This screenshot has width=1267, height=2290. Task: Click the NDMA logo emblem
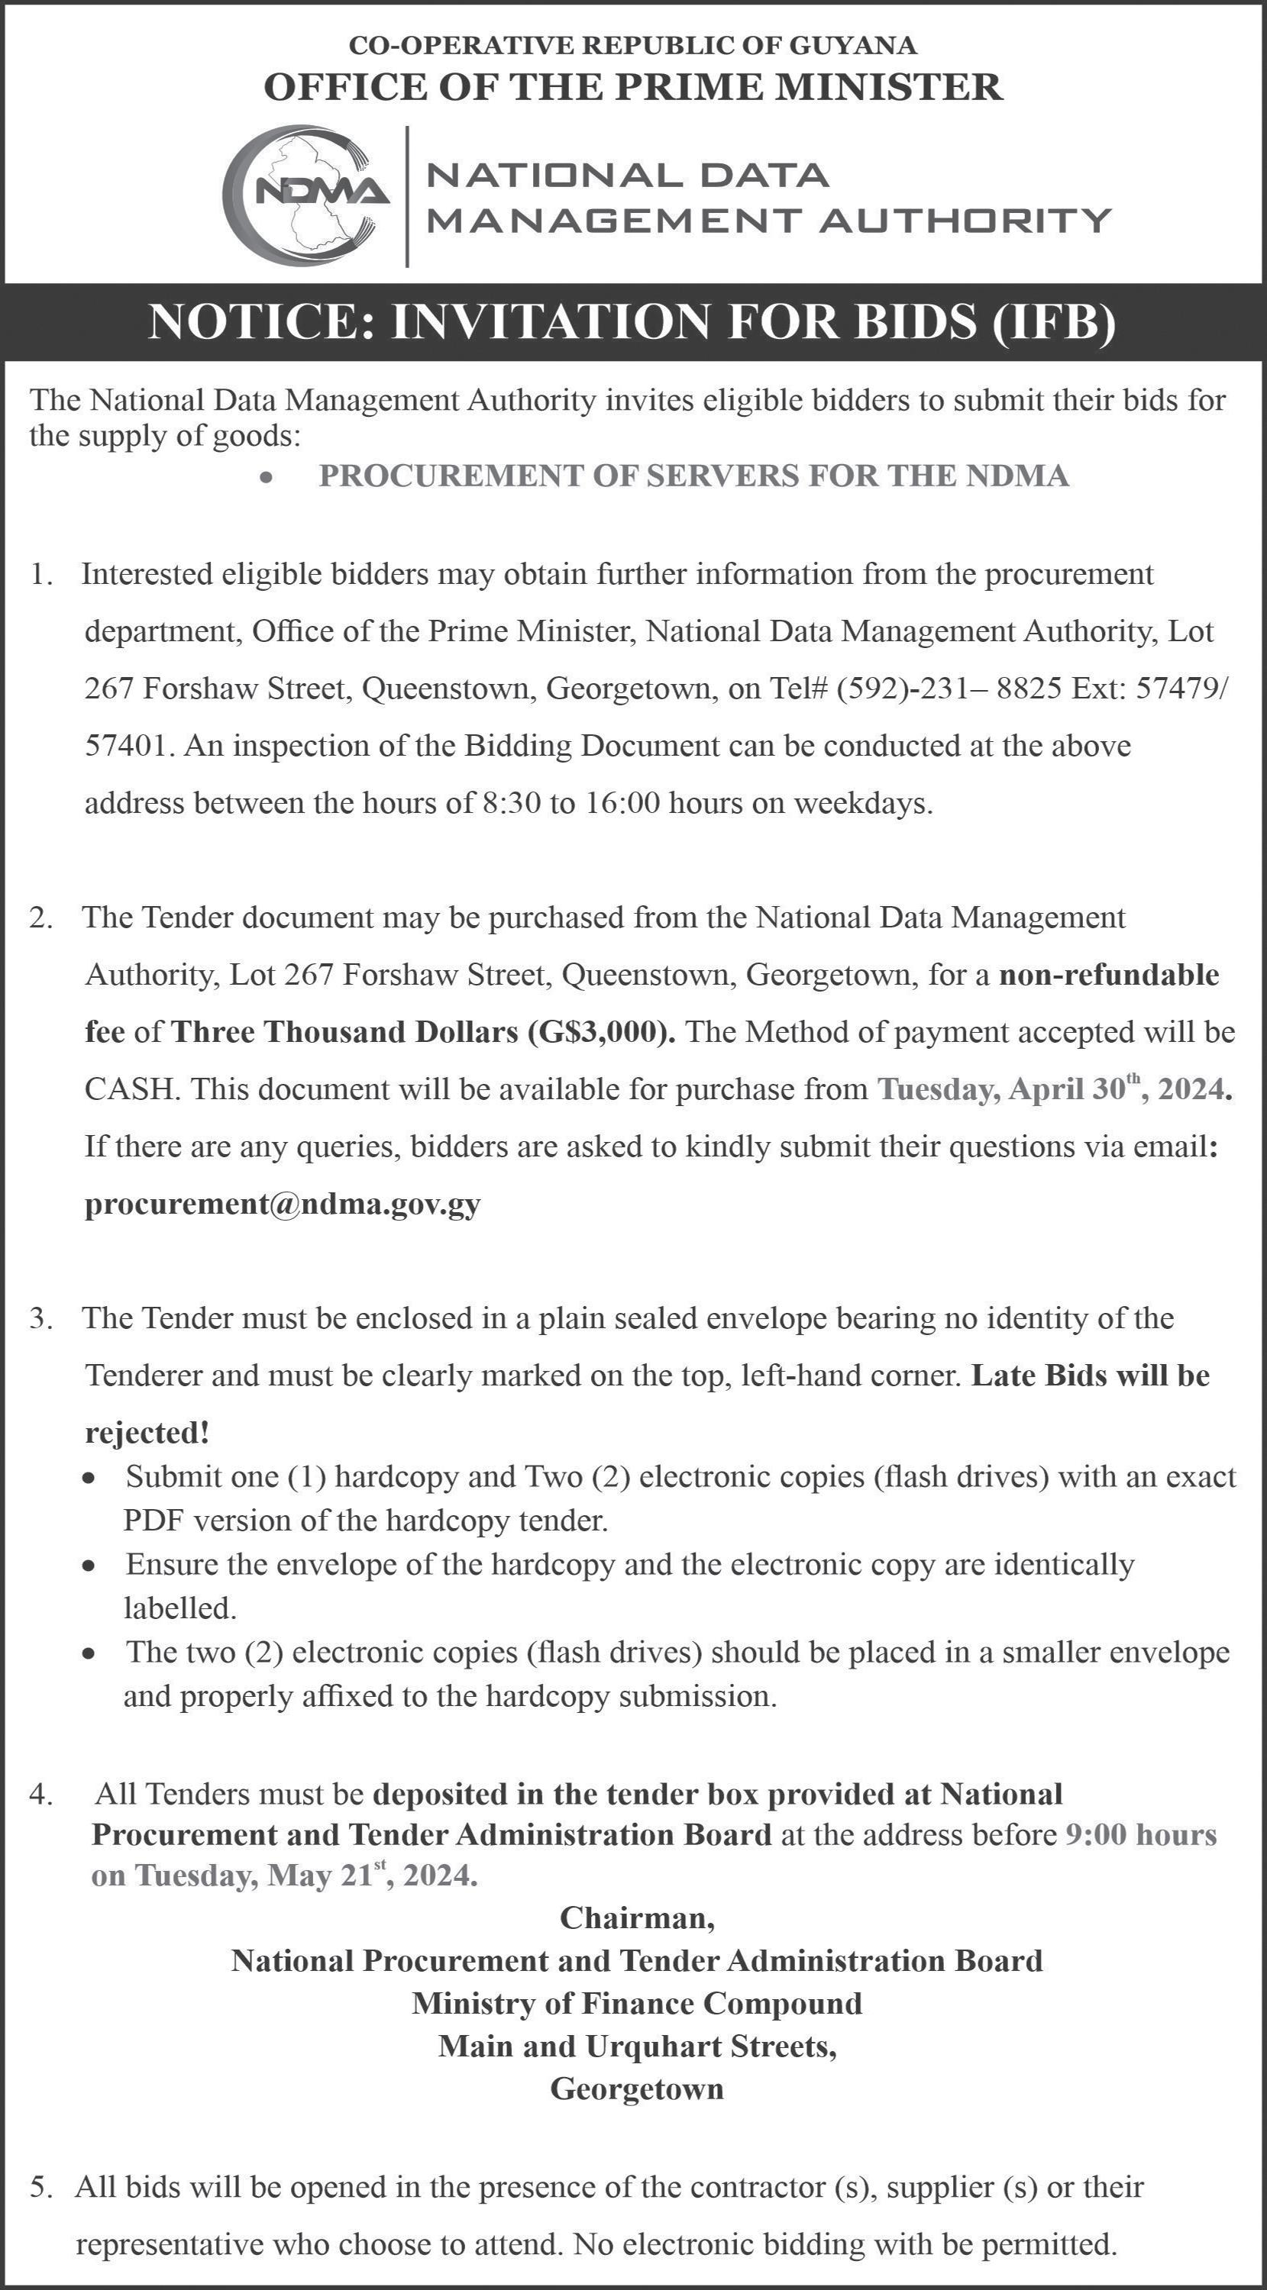307,196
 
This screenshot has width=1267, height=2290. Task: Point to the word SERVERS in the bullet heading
722,476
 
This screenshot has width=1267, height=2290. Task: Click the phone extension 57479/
1184,688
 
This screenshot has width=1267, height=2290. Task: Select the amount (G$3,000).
601,1031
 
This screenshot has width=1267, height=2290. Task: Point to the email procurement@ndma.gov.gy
283,1203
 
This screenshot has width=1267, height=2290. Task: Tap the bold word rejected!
147,1432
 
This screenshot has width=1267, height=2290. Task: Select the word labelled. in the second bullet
179,1608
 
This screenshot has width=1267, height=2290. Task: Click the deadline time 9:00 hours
1141,1834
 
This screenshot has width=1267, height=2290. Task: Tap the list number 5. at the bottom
42,2187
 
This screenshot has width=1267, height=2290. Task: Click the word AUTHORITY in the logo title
965,220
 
